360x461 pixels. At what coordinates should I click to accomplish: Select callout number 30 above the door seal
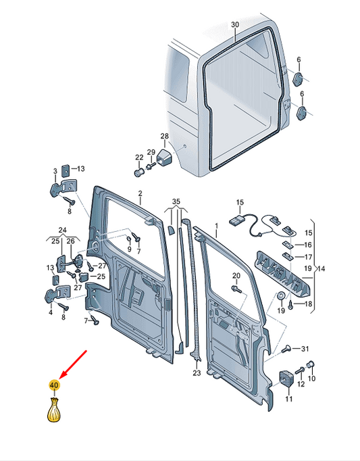[234, 25]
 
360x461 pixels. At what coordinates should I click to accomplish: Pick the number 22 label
[139, 157]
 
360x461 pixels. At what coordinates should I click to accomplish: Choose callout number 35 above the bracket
[176, 201]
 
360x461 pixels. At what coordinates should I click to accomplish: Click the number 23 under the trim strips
[197, 372]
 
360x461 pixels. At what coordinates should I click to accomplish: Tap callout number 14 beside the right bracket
[322, 268]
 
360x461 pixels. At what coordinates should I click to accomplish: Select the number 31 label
[304, 349]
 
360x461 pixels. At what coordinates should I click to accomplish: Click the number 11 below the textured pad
[289, 399]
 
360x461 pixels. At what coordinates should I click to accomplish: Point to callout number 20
[236, 276]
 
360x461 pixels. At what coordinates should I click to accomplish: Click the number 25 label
[101, 276]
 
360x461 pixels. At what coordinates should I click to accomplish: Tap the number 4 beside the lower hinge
[50, 313]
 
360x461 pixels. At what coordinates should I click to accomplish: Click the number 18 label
[309, 305]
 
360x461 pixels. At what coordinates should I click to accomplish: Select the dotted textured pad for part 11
[288, 379]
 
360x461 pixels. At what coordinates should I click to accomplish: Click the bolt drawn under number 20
[236, 289]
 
